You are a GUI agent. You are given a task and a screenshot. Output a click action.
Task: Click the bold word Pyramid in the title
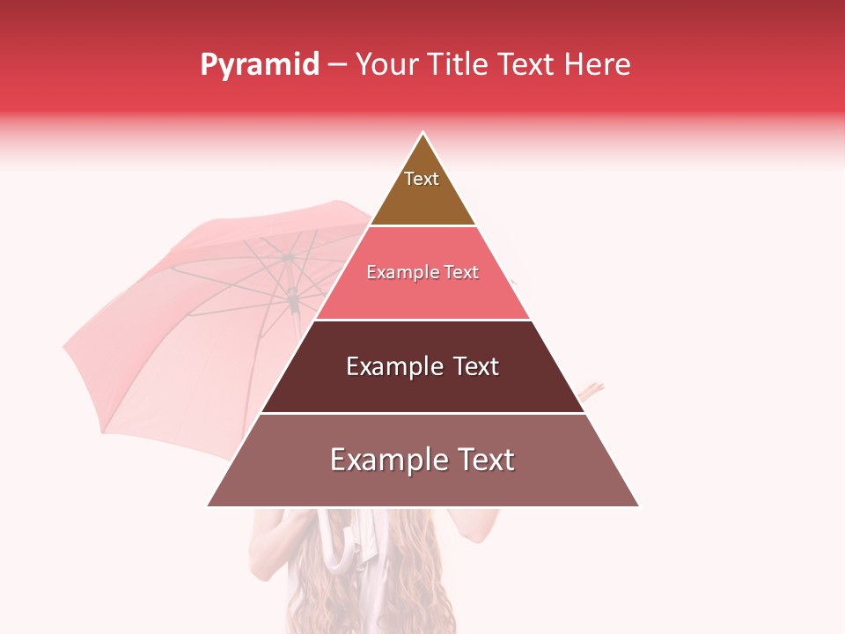click(260, 65)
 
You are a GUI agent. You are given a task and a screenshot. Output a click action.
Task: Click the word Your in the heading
click(386, 65)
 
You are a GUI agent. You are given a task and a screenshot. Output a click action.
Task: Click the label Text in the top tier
click(422, 179)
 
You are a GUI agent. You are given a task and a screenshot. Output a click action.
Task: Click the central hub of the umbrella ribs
click(288, 258)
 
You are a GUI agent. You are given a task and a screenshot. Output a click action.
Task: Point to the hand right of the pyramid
click(592, 388)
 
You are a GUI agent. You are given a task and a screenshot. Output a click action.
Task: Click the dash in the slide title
click(337, 65)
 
